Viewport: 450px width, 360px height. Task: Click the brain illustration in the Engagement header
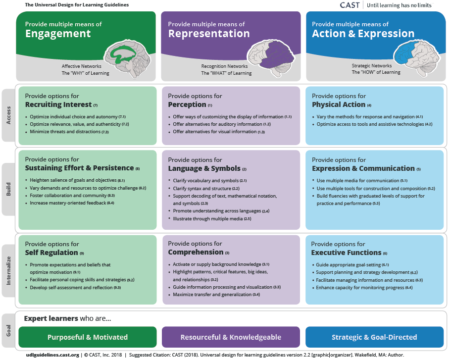[125, 54]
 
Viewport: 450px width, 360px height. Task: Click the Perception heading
[187, 104]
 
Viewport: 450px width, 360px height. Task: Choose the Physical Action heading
[339, 104]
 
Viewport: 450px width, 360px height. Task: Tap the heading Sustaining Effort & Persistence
[79, 168]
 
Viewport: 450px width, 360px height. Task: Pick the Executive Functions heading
[347, 253]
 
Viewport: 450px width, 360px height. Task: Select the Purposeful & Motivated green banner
[88, 337]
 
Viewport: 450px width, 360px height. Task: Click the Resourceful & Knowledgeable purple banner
[231, 337]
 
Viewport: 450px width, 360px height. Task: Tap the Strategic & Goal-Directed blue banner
[374, 337]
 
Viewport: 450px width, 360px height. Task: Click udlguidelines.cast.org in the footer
[52, 355]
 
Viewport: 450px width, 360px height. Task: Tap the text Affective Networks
[82, 66]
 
